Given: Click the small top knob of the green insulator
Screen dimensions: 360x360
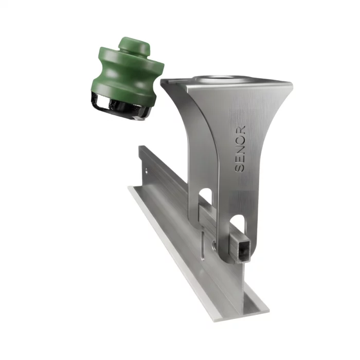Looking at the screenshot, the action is coord(135,46).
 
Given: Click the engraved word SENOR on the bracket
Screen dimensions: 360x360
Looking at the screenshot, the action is coord(240,149).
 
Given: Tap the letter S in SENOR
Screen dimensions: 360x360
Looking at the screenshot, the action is coord(240,168).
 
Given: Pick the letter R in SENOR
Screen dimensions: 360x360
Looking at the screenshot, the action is coord(241,130).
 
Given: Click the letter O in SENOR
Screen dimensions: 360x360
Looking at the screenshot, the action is coord(241,139).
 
